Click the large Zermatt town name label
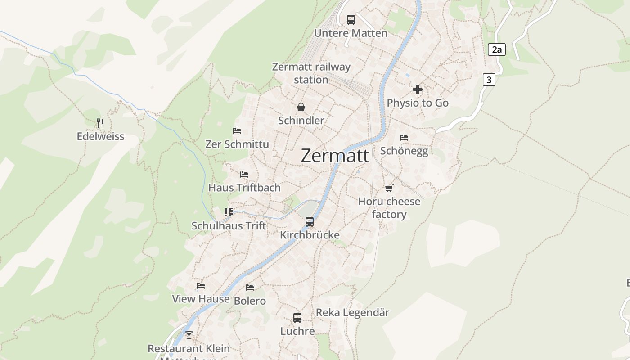click(335, 156)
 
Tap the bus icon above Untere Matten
click(351, 20)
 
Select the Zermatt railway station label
click(311, 73)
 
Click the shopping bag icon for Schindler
click(301, 107)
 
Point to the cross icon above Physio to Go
click(418, 90)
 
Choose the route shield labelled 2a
click(496, 49)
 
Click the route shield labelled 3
click(489, 80)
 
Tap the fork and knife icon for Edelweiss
click(100, 123)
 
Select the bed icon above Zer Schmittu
click(237, 131)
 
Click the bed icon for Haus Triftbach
click(244, 174)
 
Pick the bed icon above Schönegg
click(404, 138)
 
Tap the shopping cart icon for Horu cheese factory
click(389, 188)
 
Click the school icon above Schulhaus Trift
click(229, 212)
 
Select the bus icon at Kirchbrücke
click(310, 221)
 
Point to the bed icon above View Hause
click(201, 286)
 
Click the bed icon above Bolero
click(250, 288)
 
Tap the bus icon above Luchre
click(297, 318)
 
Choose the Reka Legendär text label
click(352, 312)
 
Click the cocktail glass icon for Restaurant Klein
click(189, 335)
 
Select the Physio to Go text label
click(418, 103)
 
